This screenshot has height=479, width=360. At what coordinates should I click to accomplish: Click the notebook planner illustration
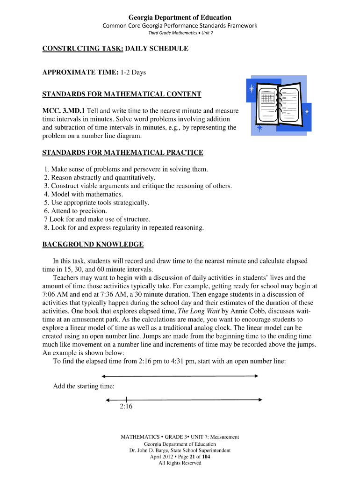click(279, 106)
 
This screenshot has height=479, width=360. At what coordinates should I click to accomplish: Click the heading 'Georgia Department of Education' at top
click(180, 17)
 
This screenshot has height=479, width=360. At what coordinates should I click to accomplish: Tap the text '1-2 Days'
click(133, 73)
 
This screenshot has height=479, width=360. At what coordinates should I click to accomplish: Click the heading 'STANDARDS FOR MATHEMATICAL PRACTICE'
click(122, 152)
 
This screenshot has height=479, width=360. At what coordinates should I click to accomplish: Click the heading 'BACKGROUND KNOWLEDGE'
click(93, 244)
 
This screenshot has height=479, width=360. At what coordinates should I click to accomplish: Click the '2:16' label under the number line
click(126, 406)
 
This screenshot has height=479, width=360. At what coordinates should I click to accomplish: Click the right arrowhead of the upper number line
click(256, 376)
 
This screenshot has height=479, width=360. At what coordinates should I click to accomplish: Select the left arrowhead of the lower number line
click(108, 400)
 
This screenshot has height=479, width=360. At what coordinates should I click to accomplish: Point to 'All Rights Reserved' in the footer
click(180, 463)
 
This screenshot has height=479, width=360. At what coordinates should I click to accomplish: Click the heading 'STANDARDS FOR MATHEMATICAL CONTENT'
click(122, 94)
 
